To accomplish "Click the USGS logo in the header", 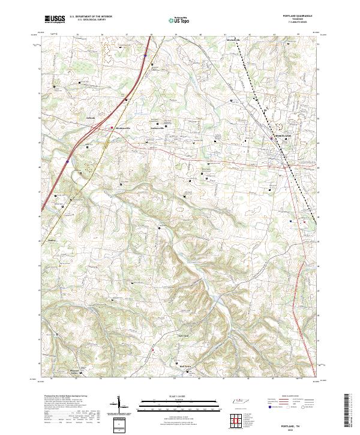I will coord(54,19).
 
